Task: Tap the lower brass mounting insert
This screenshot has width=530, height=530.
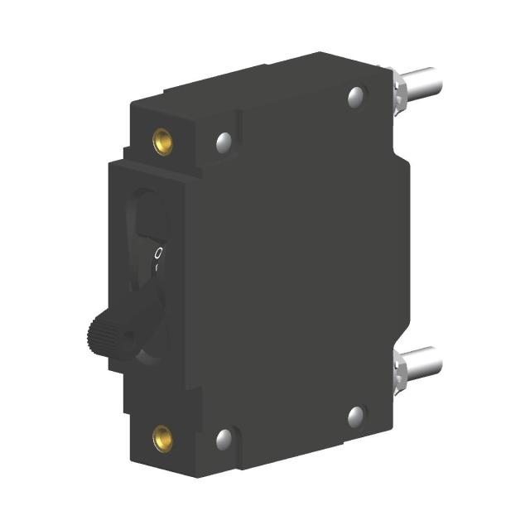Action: (x=161, y=436)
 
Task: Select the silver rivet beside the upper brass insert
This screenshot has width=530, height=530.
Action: (x=224, y=142)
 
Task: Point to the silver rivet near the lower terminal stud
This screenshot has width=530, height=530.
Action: (x=357, y=416)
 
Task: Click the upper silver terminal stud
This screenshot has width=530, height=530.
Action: (x=422, y=84)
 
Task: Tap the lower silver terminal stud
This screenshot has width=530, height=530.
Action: (x=422, y=363)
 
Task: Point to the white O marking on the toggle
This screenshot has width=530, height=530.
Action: (x=158, y=252)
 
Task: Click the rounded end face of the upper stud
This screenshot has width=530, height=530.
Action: (x=437, y=81)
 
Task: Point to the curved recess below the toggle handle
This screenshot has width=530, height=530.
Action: (x=153, y=348)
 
